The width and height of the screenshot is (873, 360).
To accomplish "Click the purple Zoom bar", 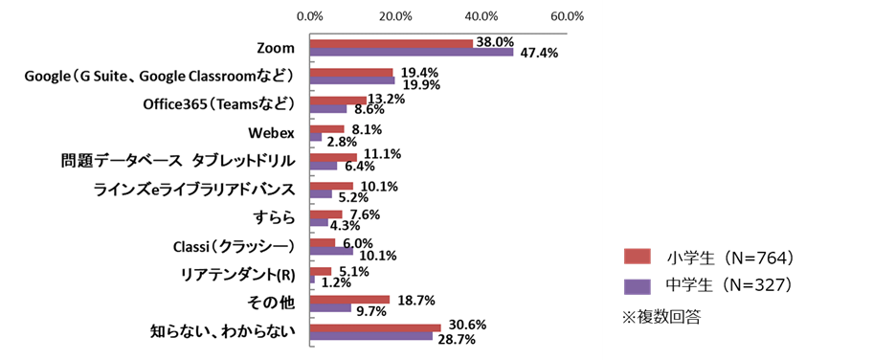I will point(412,53).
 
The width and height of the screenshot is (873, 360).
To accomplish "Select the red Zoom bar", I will point(392,43).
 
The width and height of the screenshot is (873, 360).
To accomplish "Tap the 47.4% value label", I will point(539,53).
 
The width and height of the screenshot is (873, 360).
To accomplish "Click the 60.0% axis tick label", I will point(566,16).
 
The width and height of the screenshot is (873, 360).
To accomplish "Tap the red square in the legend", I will point(637,256).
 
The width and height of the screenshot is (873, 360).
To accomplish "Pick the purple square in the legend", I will point(637,286).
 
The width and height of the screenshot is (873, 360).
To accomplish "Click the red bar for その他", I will point(349,299).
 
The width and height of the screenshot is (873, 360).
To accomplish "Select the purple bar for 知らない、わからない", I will point(371,336).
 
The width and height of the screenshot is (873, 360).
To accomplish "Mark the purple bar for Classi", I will point(331,252).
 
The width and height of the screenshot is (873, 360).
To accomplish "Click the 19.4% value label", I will point(413,72).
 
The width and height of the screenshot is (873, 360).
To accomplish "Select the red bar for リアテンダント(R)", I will point(321,271).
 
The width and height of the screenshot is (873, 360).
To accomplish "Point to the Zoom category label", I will point(276,48).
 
